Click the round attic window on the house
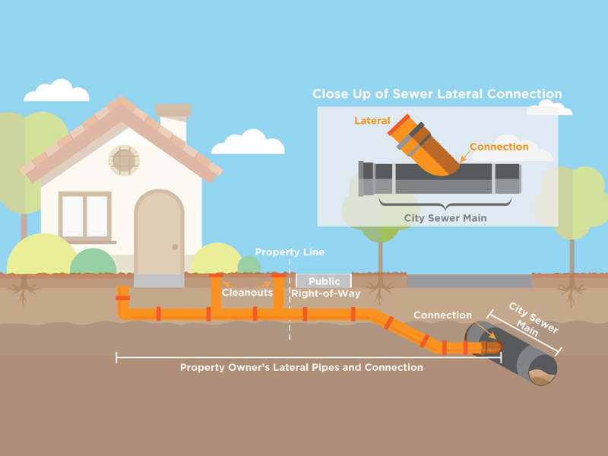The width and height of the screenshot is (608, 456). point(124,160)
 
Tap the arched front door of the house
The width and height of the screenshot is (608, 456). point(159,232)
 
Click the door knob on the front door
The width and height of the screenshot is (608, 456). point(175,247)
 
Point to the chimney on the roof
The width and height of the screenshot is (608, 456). point(173,123)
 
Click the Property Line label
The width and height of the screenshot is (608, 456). point(290,252)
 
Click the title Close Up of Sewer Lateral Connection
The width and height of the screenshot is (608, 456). point(437,94)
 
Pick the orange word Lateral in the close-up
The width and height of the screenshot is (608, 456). point(372,121)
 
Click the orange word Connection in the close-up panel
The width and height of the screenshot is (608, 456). point(499,147)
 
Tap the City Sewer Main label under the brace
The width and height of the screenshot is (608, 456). point(445,218)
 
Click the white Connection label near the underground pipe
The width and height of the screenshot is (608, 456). point(442,315)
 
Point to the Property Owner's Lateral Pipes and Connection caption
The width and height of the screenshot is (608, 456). point(301,367)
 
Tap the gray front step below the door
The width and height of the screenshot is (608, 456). point(159,280)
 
